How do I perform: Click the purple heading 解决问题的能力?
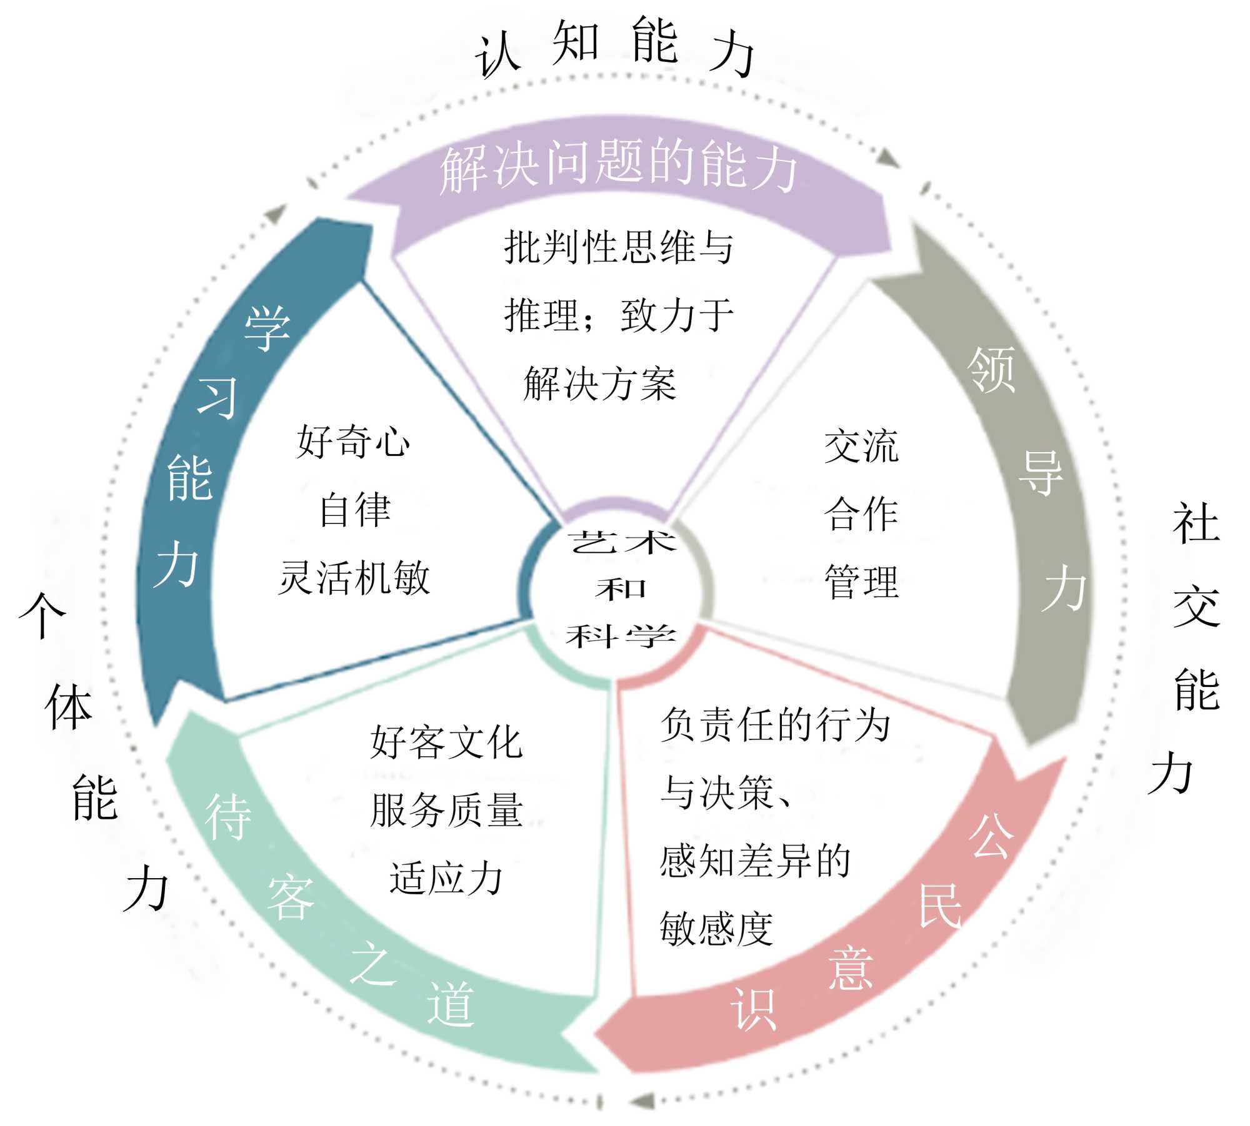(619, 165)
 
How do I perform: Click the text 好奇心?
(353, 442)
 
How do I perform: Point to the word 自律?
(355, 510)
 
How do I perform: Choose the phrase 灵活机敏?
(354, 578)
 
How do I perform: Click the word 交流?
(861, 447)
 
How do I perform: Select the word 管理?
(861, 581)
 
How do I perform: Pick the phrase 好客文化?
(446, 743)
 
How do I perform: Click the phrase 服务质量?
(446, 810)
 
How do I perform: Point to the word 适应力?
(446, 878)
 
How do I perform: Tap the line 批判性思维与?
(619, 247)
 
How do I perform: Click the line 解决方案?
(600, 383)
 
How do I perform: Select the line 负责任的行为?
(775, 725)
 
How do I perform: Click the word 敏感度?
(717, 929)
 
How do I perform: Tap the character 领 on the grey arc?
(991, 370)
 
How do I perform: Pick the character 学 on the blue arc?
(267, 328)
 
